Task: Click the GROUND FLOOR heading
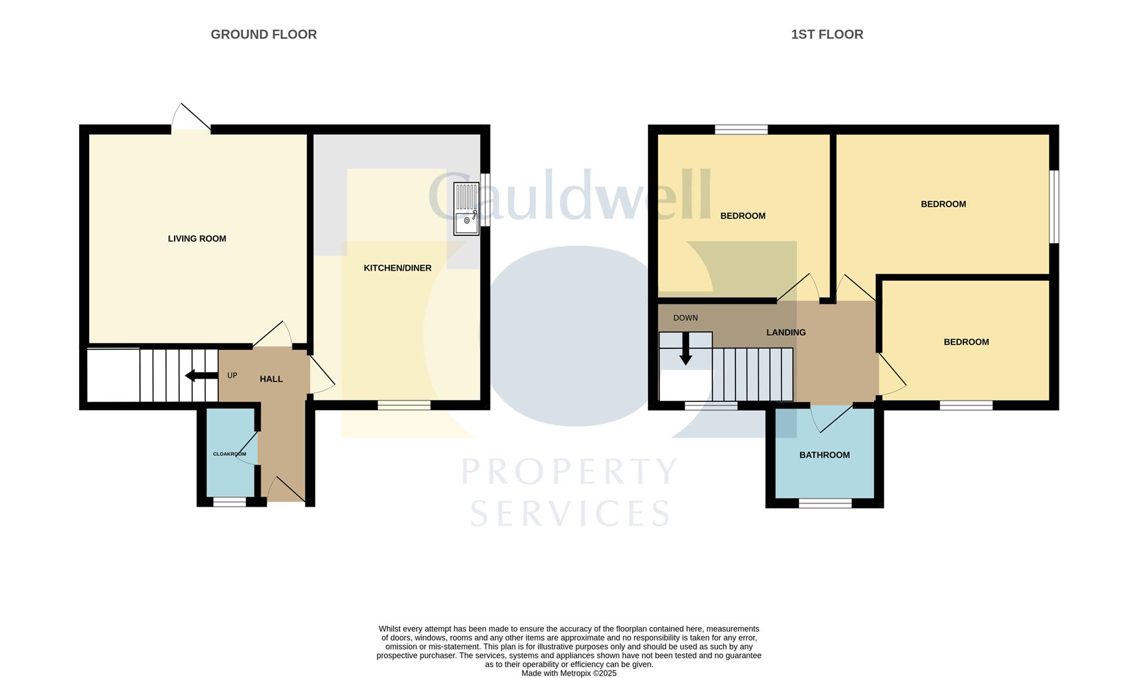[x=263, y=35]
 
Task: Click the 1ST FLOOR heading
[x=826, y=35]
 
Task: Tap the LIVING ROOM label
[x=197, y=239]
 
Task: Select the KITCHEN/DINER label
[x=398, y=268]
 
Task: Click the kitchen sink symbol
[x=466, y=208]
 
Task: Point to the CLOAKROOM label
[x=229, y=454]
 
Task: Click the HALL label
[x=271, y=379]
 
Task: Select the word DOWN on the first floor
[x=685, y=318]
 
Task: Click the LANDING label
[x=786, y=333]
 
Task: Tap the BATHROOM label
[x=824, y=455]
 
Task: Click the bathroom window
[x=825, y=503]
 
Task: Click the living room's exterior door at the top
[x=191, y=119]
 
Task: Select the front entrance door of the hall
[x=286, y=490]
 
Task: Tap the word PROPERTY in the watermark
[x=570, y=472]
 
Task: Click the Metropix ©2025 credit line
[x=568, y=673]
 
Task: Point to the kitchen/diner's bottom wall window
[x=404, y=406]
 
